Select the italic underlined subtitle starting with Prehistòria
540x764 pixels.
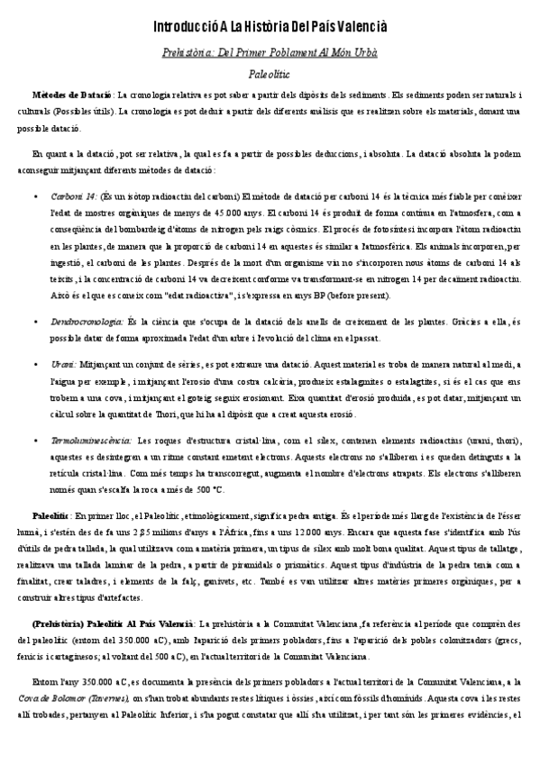pos(270,53)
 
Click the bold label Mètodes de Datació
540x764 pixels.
pos(72,95)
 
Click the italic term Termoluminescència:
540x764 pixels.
pos(91,441)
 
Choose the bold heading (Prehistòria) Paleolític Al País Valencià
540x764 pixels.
pos(113,623)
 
